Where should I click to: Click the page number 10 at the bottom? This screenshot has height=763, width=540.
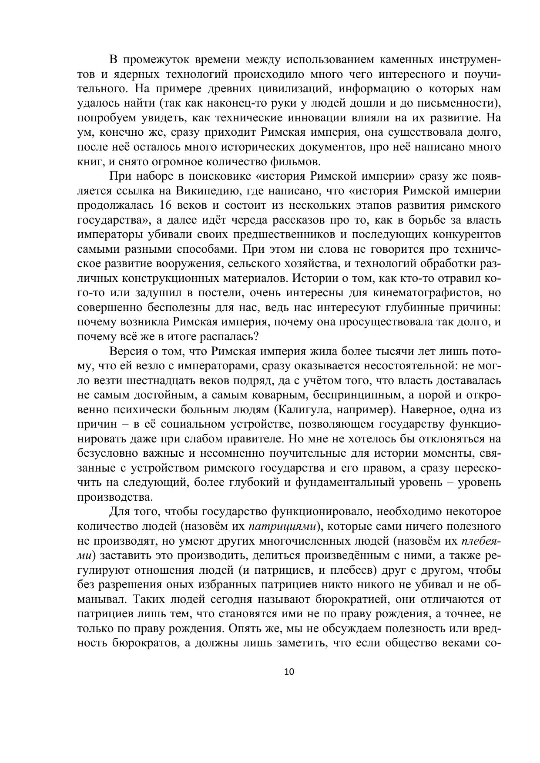coord(289,671)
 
